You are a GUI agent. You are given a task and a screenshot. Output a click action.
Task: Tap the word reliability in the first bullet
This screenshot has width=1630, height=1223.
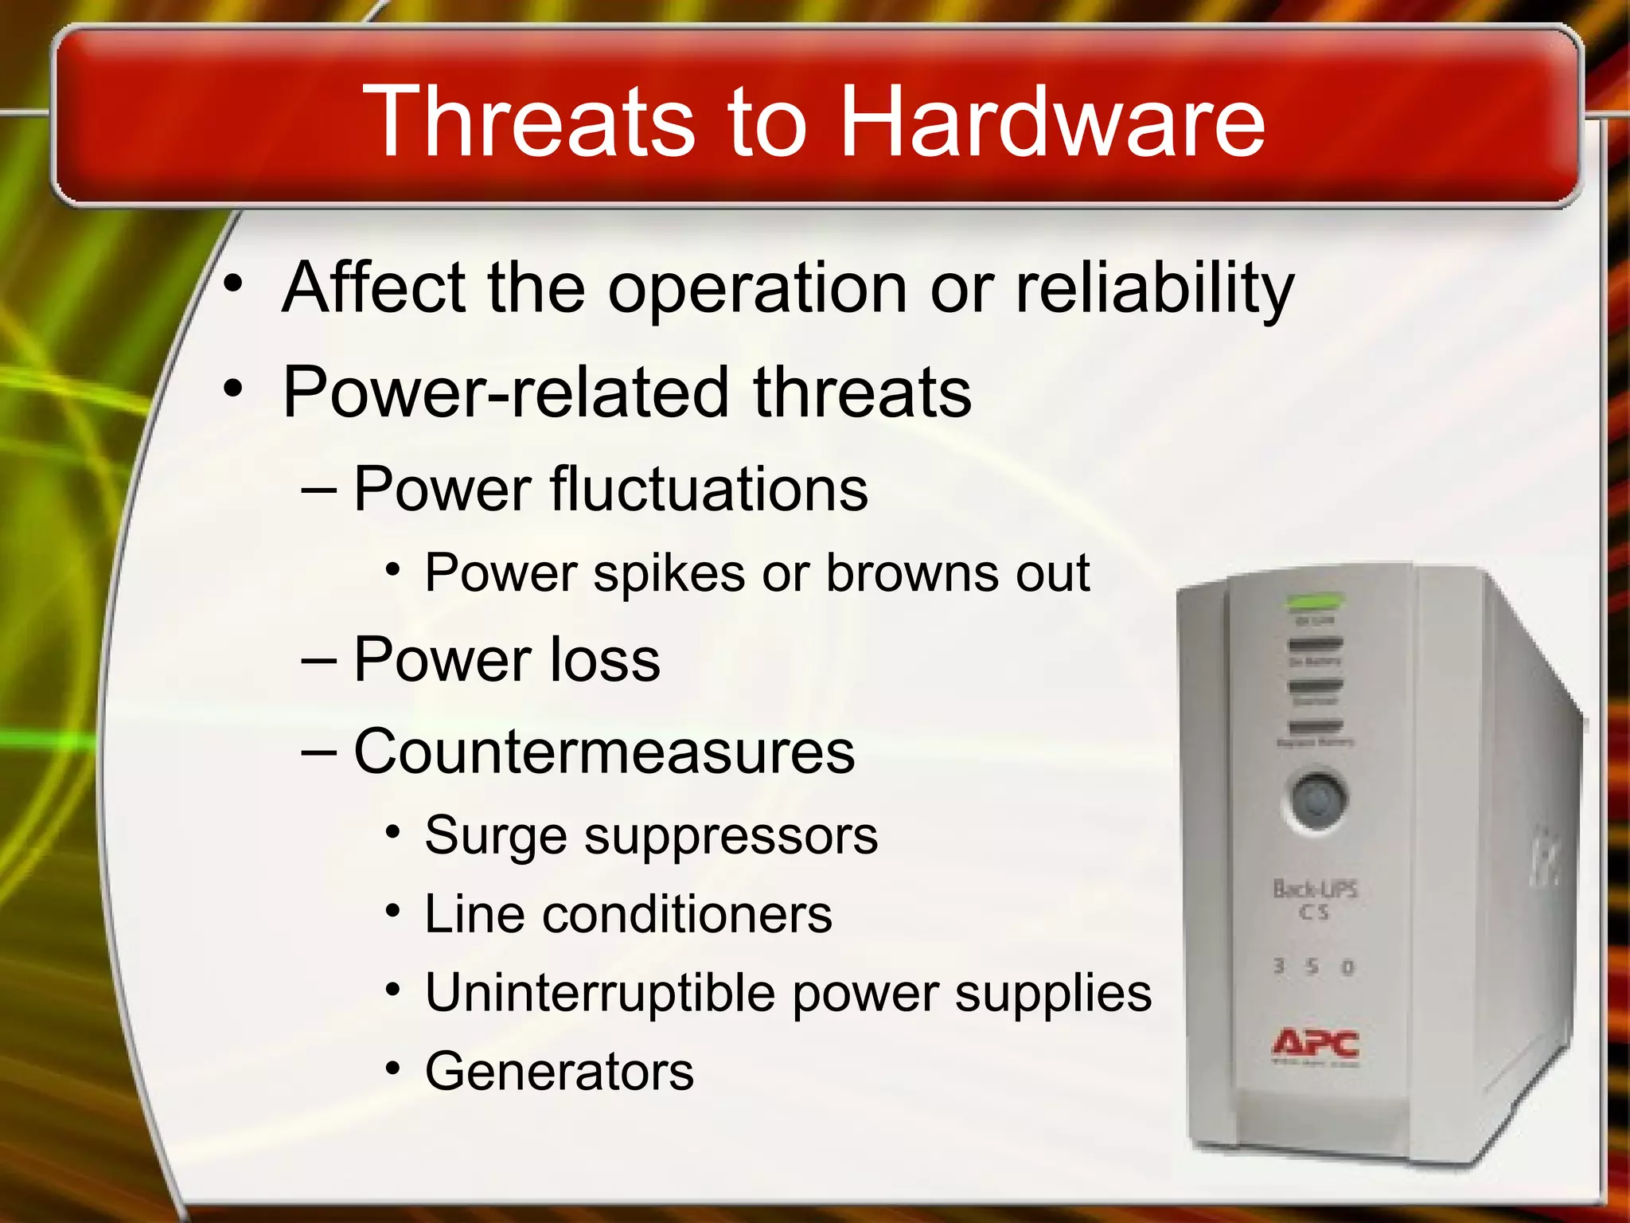[1155, 288]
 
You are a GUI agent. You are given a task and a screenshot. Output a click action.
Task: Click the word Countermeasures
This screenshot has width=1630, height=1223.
[604, 752]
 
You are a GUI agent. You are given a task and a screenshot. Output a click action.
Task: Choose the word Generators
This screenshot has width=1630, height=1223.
[560, 1071]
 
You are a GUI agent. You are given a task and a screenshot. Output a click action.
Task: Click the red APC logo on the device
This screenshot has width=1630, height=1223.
[1316, 1044]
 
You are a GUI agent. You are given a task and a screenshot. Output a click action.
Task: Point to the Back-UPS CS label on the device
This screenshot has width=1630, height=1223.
[1316, 898]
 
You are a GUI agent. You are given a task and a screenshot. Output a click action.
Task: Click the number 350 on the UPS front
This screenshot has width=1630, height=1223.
[1314, 967]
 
